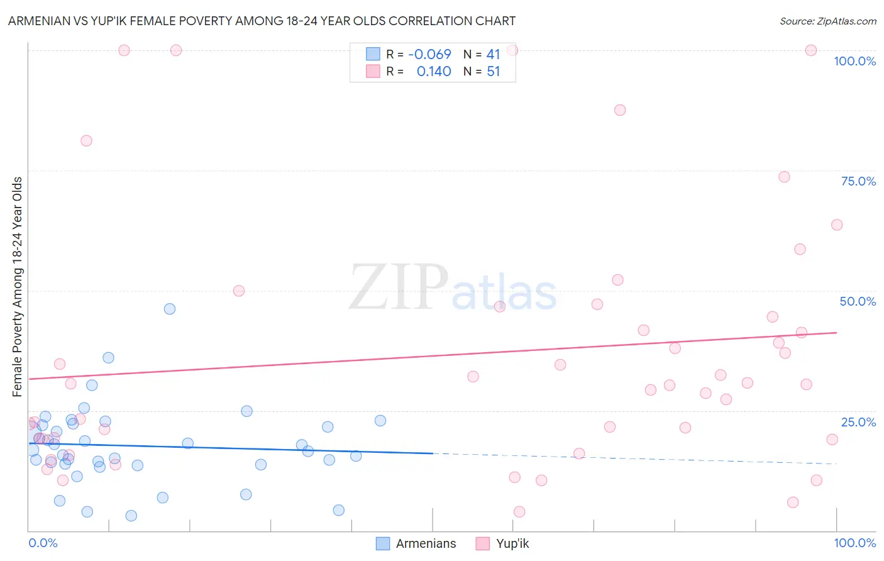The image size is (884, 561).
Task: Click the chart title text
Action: [262, 21]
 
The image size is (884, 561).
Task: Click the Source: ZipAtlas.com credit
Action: [827, 21]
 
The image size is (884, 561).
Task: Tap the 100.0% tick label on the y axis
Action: [854, 61]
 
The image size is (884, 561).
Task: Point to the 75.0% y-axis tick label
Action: [858, 181]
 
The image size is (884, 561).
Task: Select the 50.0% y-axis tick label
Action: [858, 301]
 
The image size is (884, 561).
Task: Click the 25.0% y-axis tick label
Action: [858, 422]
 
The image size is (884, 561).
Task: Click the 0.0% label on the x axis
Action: [43, 543]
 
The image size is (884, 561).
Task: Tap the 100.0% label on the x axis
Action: [854, 543]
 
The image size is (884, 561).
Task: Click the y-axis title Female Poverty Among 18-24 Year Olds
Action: [18, 287]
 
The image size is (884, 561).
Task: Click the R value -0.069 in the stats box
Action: [429, 55]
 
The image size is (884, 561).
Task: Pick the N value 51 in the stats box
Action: [493, 72]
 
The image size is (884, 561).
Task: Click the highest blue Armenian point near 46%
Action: [170, 309]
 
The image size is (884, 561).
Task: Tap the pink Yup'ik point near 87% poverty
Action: [620, 110]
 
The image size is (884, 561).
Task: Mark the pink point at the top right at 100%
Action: [811, 50]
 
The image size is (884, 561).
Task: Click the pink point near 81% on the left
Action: [86, 141]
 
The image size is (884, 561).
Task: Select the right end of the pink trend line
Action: [836, 333]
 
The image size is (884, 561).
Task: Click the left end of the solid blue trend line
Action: [29, 443]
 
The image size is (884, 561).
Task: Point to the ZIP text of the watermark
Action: [398, 287]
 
